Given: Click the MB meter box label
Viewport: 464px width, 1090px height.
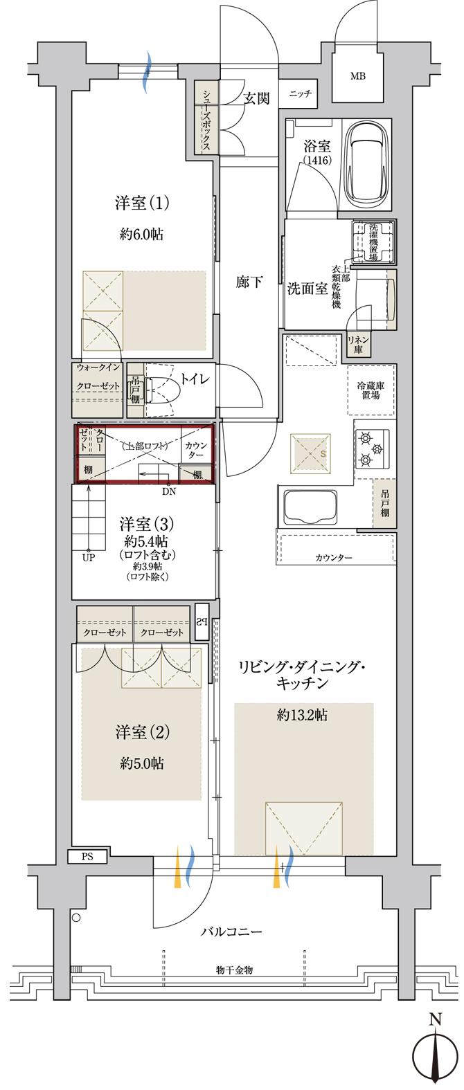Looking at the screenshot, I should pos(358,75).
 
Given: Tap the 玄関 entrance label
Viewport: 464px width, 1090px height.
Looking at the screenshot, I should pos(256,98).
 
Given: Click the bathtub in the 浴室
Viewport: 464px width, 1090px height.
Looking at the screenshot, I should pos(369,163).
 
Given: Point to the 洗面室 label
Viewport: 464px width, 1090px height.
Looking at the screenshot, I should pos(307,289).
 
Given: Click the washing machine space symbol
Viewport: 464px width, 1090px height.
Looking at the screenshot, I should pos(373,242).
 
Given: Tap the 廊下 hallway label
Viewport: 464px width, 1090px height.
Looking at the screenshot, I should pos(249,282).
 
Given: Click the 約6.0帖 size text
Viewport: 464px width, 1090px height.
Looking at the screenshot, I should pos(141,235).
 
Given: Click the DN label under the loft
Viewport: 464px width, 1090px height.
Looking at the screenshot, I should pos(169,492).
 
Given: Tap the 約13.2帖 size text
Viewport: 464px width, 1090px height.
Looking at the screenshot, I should pos(302,716).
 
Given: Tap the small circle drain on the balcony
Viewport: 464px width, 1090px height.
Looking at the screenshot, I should pos(76,918).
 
